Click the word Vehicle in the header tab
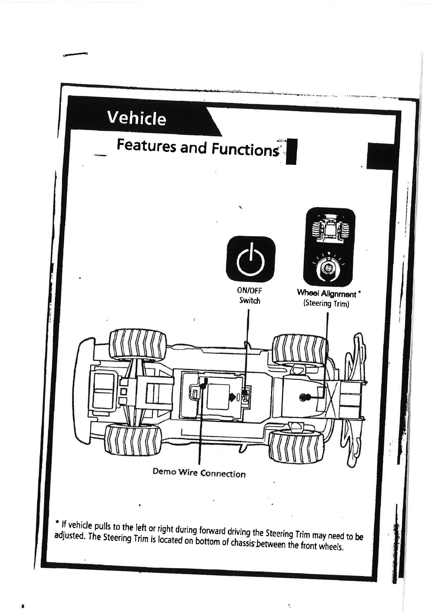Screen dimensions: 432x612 click(136, 118)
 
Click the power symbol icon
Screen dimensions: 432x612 click(250, 259)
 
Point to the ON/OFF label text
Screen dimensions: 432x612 click(249, 291)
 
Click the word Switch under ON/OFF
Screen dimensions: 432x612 click(249, 301)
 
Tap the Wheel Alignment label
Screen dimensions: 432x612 click(326, 293)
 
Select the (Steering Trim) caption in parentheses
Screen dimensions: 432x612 click(326, 303)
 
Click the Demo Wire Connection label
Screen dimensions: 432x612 click(199, 473)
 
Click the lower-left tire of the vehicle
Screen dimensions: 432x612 click(133, 440)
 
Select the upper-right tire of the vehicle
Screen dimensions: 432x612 click(299, 349)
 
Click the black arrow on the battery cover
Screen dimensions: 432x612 click(231, 396)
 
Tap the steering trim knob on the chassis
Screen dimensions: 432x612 click(304, 397)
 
